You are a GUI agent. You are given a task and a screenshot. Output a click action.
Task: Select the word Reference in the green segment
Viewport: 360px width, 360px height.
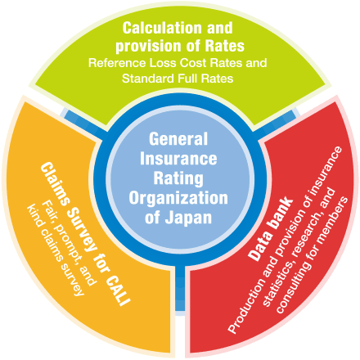click(117, 63)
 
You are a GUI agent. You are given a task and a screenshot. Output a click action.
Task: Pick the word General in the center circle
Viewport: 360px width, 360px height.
click(178, 138)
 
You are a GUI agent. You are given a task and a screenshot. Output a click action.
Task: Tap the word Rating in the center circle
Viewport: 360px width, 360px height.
click(178, 178)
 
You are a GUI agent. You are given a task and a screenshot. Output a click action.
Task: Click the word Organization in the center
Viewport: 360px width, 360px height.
click(178, 198)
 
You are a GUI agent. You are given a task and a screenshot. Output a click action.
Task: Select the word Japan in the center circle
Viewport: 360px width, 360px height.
click(188, 218)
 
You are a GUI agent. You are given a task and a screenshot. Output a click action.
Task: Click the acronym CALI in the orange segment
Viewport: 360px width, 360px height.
click(118, 291)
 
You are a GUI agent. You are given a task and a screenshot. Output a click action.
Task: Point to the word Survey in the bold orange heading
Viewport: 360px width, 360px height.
click(82, 229)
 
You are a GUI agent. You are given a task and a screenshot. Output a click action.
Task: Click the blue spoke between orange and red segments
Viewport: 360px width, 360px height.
click(180, 288)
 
